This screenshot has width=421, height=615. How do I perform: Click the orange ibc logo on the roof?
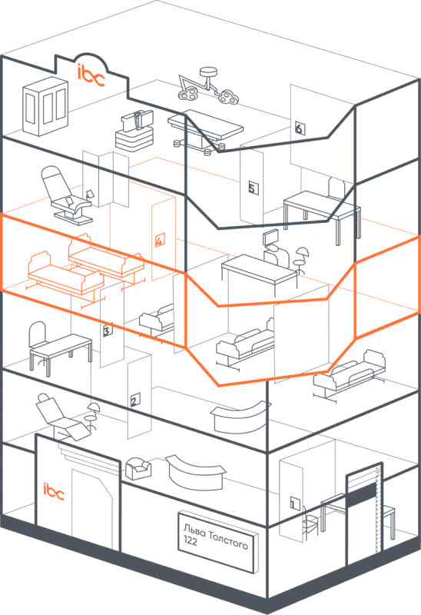coord(91,75)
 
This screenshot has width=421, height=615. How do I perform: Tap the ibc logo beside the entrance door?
coord(53,491)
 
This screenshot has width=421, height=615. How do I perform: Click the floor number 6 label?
coord(300,128)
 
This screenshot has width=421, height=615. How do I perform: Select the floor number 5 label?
coord(253,188)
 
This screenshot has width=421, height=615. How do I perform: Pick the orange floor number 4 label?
coord(160,240)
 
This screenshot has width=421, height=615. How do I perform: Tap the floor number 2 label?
coord(135,400)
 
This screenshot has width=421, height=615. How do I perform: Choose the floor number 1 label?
coord(294,503)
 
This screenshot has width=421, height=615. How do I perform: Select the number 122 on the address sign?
coord(191,540)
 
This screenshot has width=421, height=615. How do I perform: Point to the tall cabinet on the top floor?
coord(45,105)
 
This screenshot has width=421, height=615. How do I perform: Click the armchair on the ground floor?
coord(138,468)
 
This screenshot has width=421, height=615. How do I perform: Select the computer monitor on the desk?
coord(270,238)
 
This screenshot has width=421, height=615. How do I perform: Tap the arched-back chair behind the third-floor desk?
coord(38,335)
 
